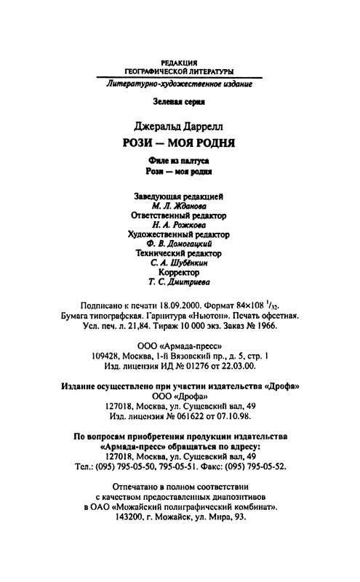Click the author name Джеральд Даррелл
[x=180, y=121]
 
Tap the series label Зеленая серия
[x=180, y=103]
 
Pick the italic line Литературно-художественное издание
[x=180, y=85]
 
